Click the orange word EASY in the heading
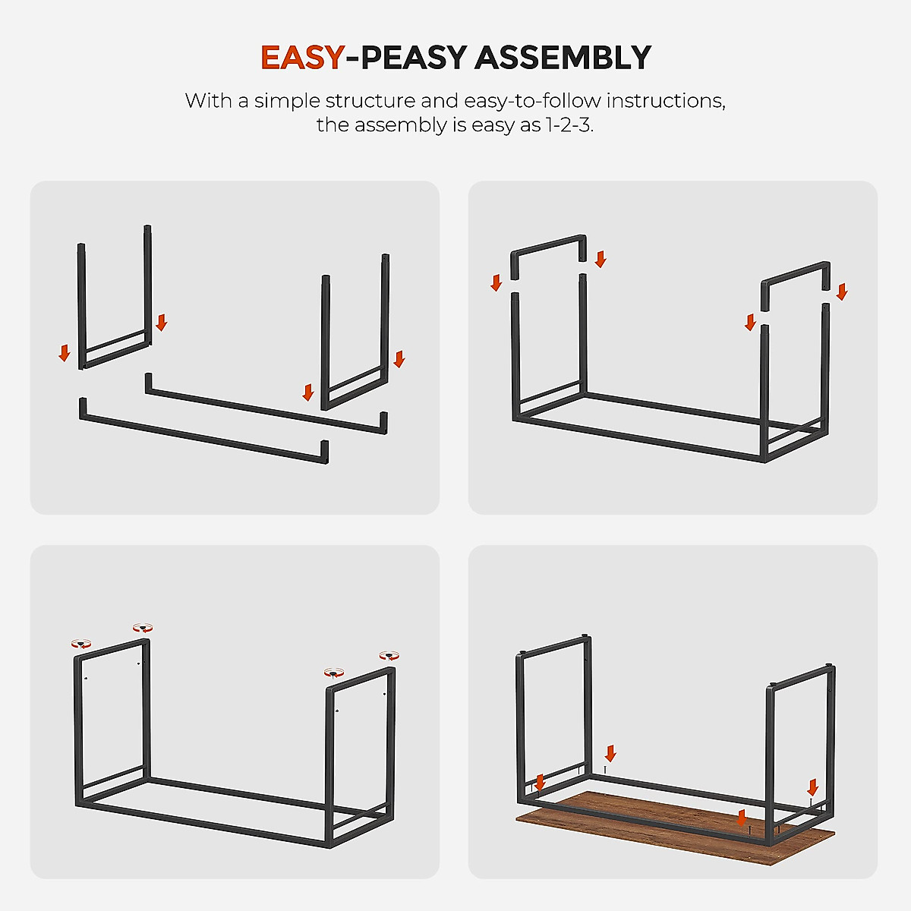pyautogui.click(x=302, y=58)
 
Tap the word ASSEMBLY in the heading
pyautogui.click(x=563, y=58)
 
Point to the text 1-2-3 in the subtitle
pyautogui.click(x=568, y=125)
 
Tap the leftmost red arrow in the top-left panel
pyautogui.click(x=65, y=352)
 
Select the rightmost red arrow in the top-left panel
pyautogui.click(x=399, y=359)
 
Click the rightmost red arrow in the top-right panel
pyautogui.click(x=841, y=292)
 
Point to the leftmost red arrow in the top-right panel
pyautogui.click(x=496, y=283)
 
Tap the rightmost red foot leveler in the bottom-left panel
pyautogui.click(x=389, y=655)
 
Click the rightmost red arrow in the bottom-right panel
pyautogui.click(x=812, y=787)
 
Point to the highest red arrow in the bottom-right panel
pyautogui.click(x=610, y=754)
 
